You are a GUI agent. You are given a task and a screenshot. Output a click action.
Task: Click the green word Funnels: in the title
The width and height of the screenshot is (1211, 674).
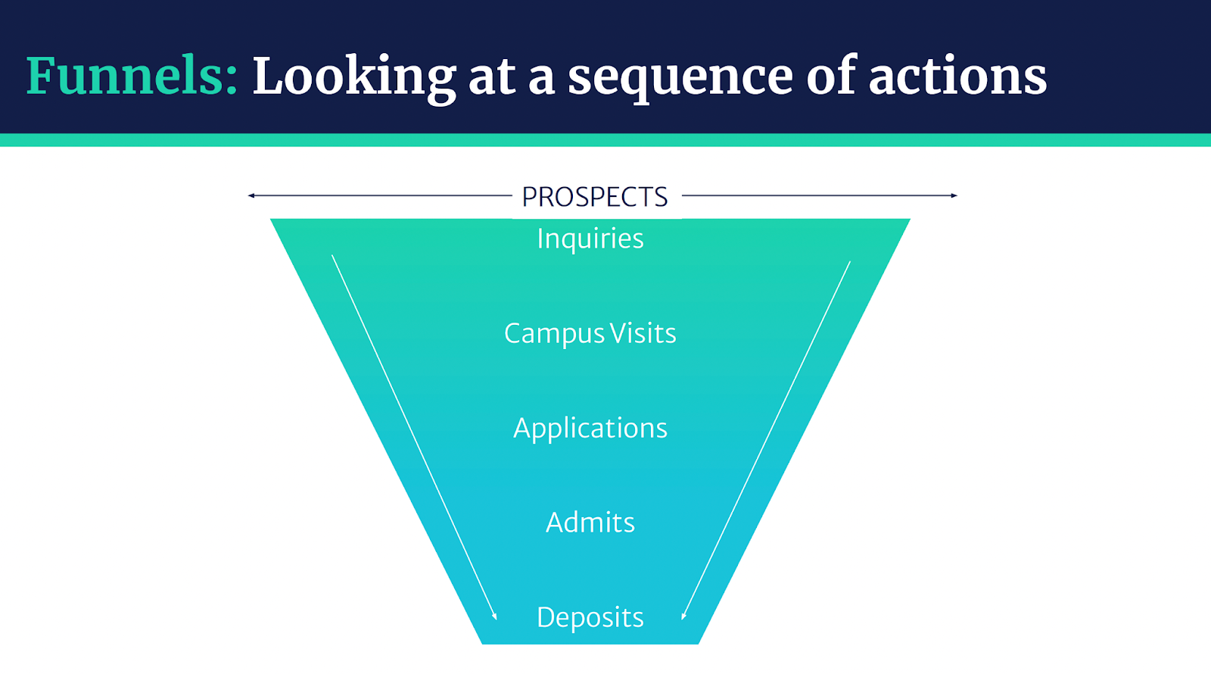click(132, 76)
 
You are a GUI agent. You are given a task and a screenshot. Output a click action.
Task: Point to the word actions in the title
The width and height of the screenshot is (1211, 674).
click(957, 76)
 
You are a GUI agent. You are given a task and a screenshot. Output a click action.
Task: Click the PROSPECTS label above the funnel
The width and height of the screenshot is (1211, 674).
click(595, 197)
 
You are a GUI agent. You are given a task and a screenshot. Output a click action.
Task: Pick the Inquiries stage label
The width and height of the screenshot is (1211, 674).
click(590, 239)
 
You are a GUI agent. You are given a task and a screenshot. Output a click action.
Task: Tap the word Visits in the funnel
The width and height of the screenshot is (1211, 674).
click(643, 332)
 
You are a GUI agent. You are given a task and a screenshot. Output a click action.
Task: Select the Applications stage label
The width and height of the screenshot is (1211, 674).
click(590, 429)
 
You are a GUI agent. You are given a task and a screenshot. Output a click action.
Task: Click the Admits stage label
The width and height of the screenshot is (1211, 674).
click(590, 523)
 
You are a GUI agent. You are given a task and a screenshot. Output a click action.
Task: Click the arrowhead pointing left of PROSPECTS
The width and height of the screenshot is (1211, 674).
click(251, 195)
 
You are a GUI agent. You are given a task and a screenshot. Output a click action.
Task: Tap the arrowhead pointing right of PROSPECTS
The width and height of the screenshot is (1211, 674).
click(954, 195)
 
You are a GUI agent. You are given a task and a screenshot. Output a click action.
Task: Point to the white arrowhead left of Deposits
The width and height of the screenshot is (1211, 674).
click(494, 616)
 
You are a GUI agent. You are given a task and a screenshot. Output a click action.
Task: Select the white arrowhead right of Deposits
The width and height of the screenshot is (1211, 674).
click(684, 616)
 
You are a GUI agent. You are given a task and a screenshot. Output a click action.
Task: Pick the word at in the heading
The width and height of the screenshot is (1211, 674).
click(491, 79)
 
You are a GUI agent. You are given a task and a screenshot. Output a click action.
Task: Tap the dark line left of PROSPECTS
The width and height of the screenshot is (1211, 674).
click(380, 195)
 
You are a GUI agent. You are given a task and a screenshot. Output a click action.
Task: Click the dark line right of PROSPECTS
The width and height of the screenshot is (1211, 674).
click(820, 195)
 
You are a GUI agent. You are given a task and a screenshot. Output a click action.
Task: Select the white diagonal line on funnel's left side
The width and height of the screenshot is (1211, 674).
click(414, 437)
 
